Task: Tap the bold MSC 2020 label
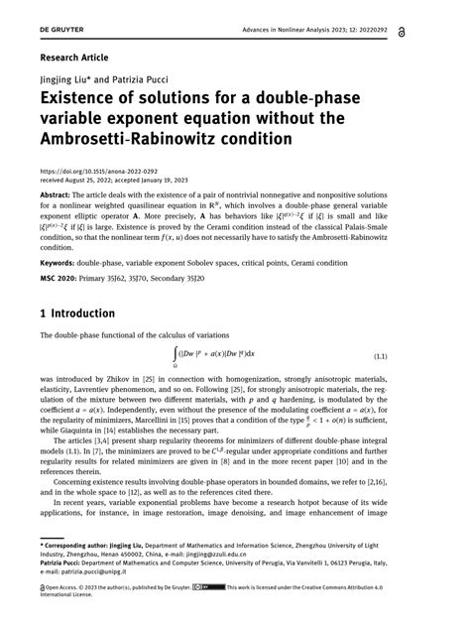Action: point(62,281)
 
